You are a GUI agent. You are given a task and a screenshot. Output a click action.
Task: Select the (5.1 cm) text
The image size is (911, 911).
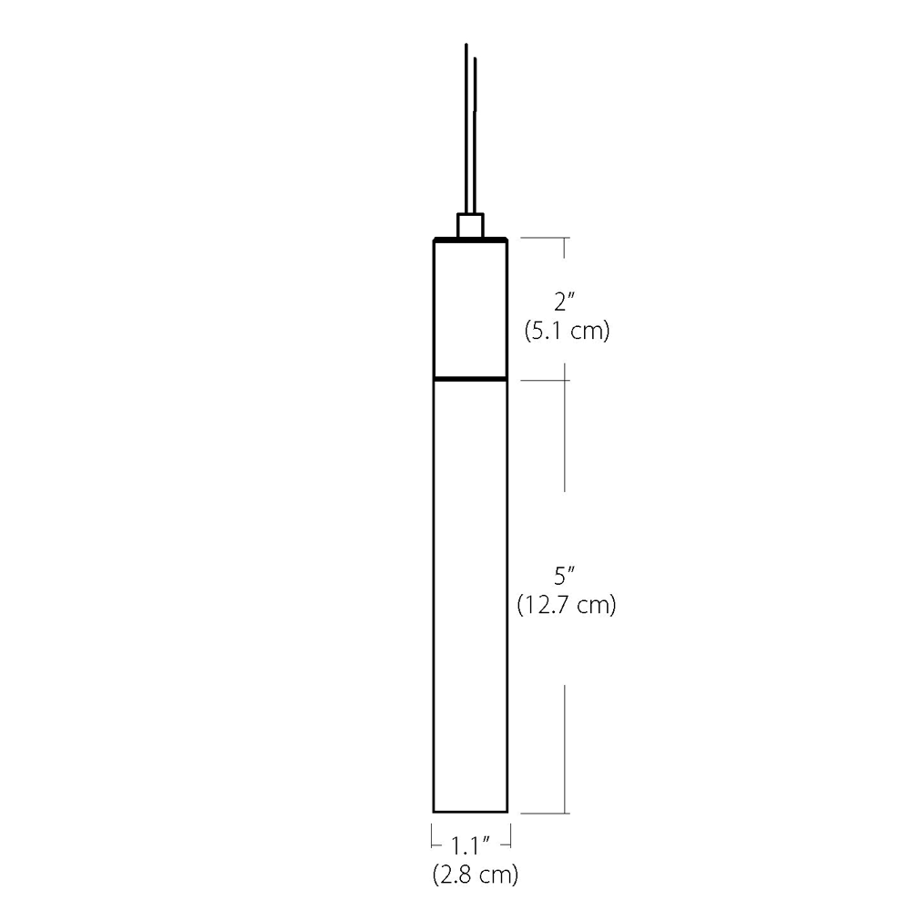tap(566, 331)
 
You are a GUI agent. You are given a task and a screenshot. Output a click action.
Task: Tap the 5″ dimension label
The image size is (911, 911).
tap(566, 576)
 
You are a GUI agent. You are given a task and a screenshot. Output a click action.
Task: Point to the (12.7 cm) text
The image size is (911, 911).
tap(566, 604)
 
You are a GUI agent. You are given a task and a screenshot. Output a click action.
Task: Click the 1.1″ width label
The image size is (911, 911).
tap(470, 844)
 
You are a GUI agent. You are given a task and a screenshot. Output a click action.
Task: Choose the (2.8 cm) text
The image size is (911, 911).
tap(475, 875)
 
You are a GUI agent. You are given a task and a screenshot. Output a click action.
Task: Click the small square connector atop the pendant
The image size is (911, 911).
tap(470, 225)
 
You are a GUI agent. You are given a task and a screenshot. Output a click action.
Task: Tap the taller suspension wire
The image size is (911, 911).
tap(466, 128)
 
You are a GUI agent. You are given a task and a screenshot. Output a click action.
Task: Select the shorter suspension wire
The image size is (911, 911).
tap(475, 137)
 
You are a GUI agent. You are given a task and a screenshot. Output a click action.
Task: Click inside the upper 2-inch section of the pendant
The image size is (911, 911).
tap(470, 308)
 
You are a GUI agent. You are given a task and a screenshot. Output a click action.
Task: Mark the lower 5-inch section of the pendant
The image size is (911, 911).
tap(470, 592)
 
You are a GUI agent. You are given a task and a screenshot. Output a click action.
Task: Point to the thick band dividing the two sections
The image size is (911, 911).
tap(470, 377)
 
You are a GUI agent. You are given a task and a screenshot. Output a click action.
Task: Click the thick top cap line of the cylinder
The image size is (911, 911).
tap(470, 240)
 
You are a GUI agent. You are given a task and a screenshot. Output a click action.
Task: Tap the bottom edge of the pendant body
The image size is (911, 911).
tap(470, 811)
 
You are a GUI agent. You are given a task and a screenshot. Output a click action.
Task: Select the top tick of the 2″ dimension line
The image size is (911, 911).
tap(545, 238)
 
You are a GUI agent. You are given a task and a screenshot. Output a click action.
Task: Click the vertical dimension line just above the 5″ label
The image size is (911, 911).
tap(567, 437)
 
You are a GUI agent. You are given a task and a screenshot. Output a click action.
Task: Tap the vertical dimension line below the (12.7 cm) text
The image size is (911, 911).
tap(567, 747)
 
